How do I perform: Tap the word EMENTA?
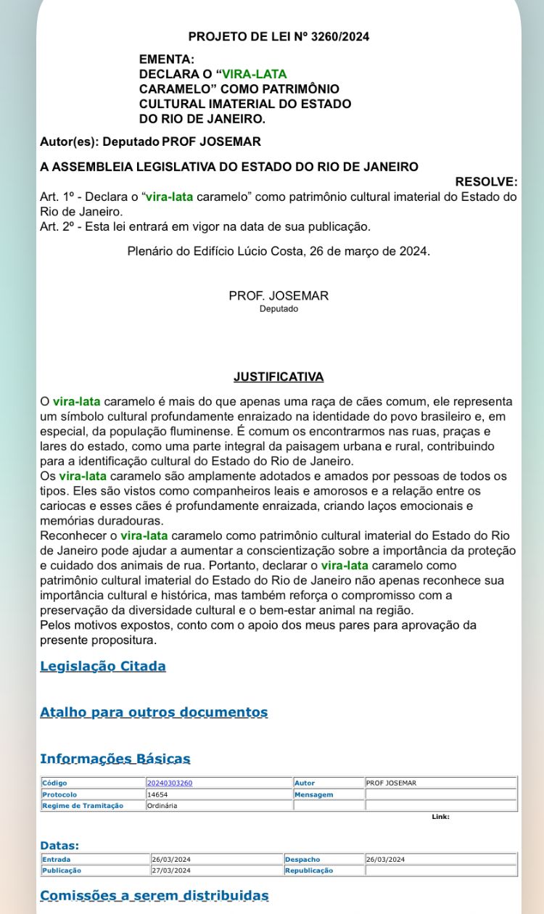[167, 59]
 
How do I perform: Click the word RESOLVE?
[486, 181]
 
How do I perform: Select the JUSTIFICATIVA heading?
[279, 376]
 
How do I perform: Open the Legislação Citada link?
[103, 666]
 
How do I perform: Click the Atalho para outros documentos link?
[154, 712]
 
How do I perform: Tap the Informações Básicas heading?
[115, 759]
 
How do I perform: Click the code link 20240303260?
[170, 783]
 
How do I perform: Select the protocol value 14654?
[157, 794]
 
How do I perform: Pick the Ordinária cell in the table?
[162, 805]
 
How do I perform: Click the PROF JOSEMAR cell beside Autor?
[391, 783]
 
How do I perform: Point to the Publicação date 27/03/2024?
[171, 870]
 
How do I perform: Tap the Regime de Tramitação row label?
[83, 805]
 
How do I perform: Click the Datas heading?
[59, 845]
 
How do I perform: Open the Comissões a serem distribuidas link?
[154, 896]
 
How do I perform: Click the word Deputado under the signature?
[279, 309]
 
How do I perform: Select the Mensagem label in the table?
[314, 794]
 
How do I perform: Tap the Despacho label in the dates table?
[302, 860]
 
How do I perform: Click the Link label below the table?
[440, 817]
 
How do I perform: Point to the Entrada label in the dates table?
[57, 860]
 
